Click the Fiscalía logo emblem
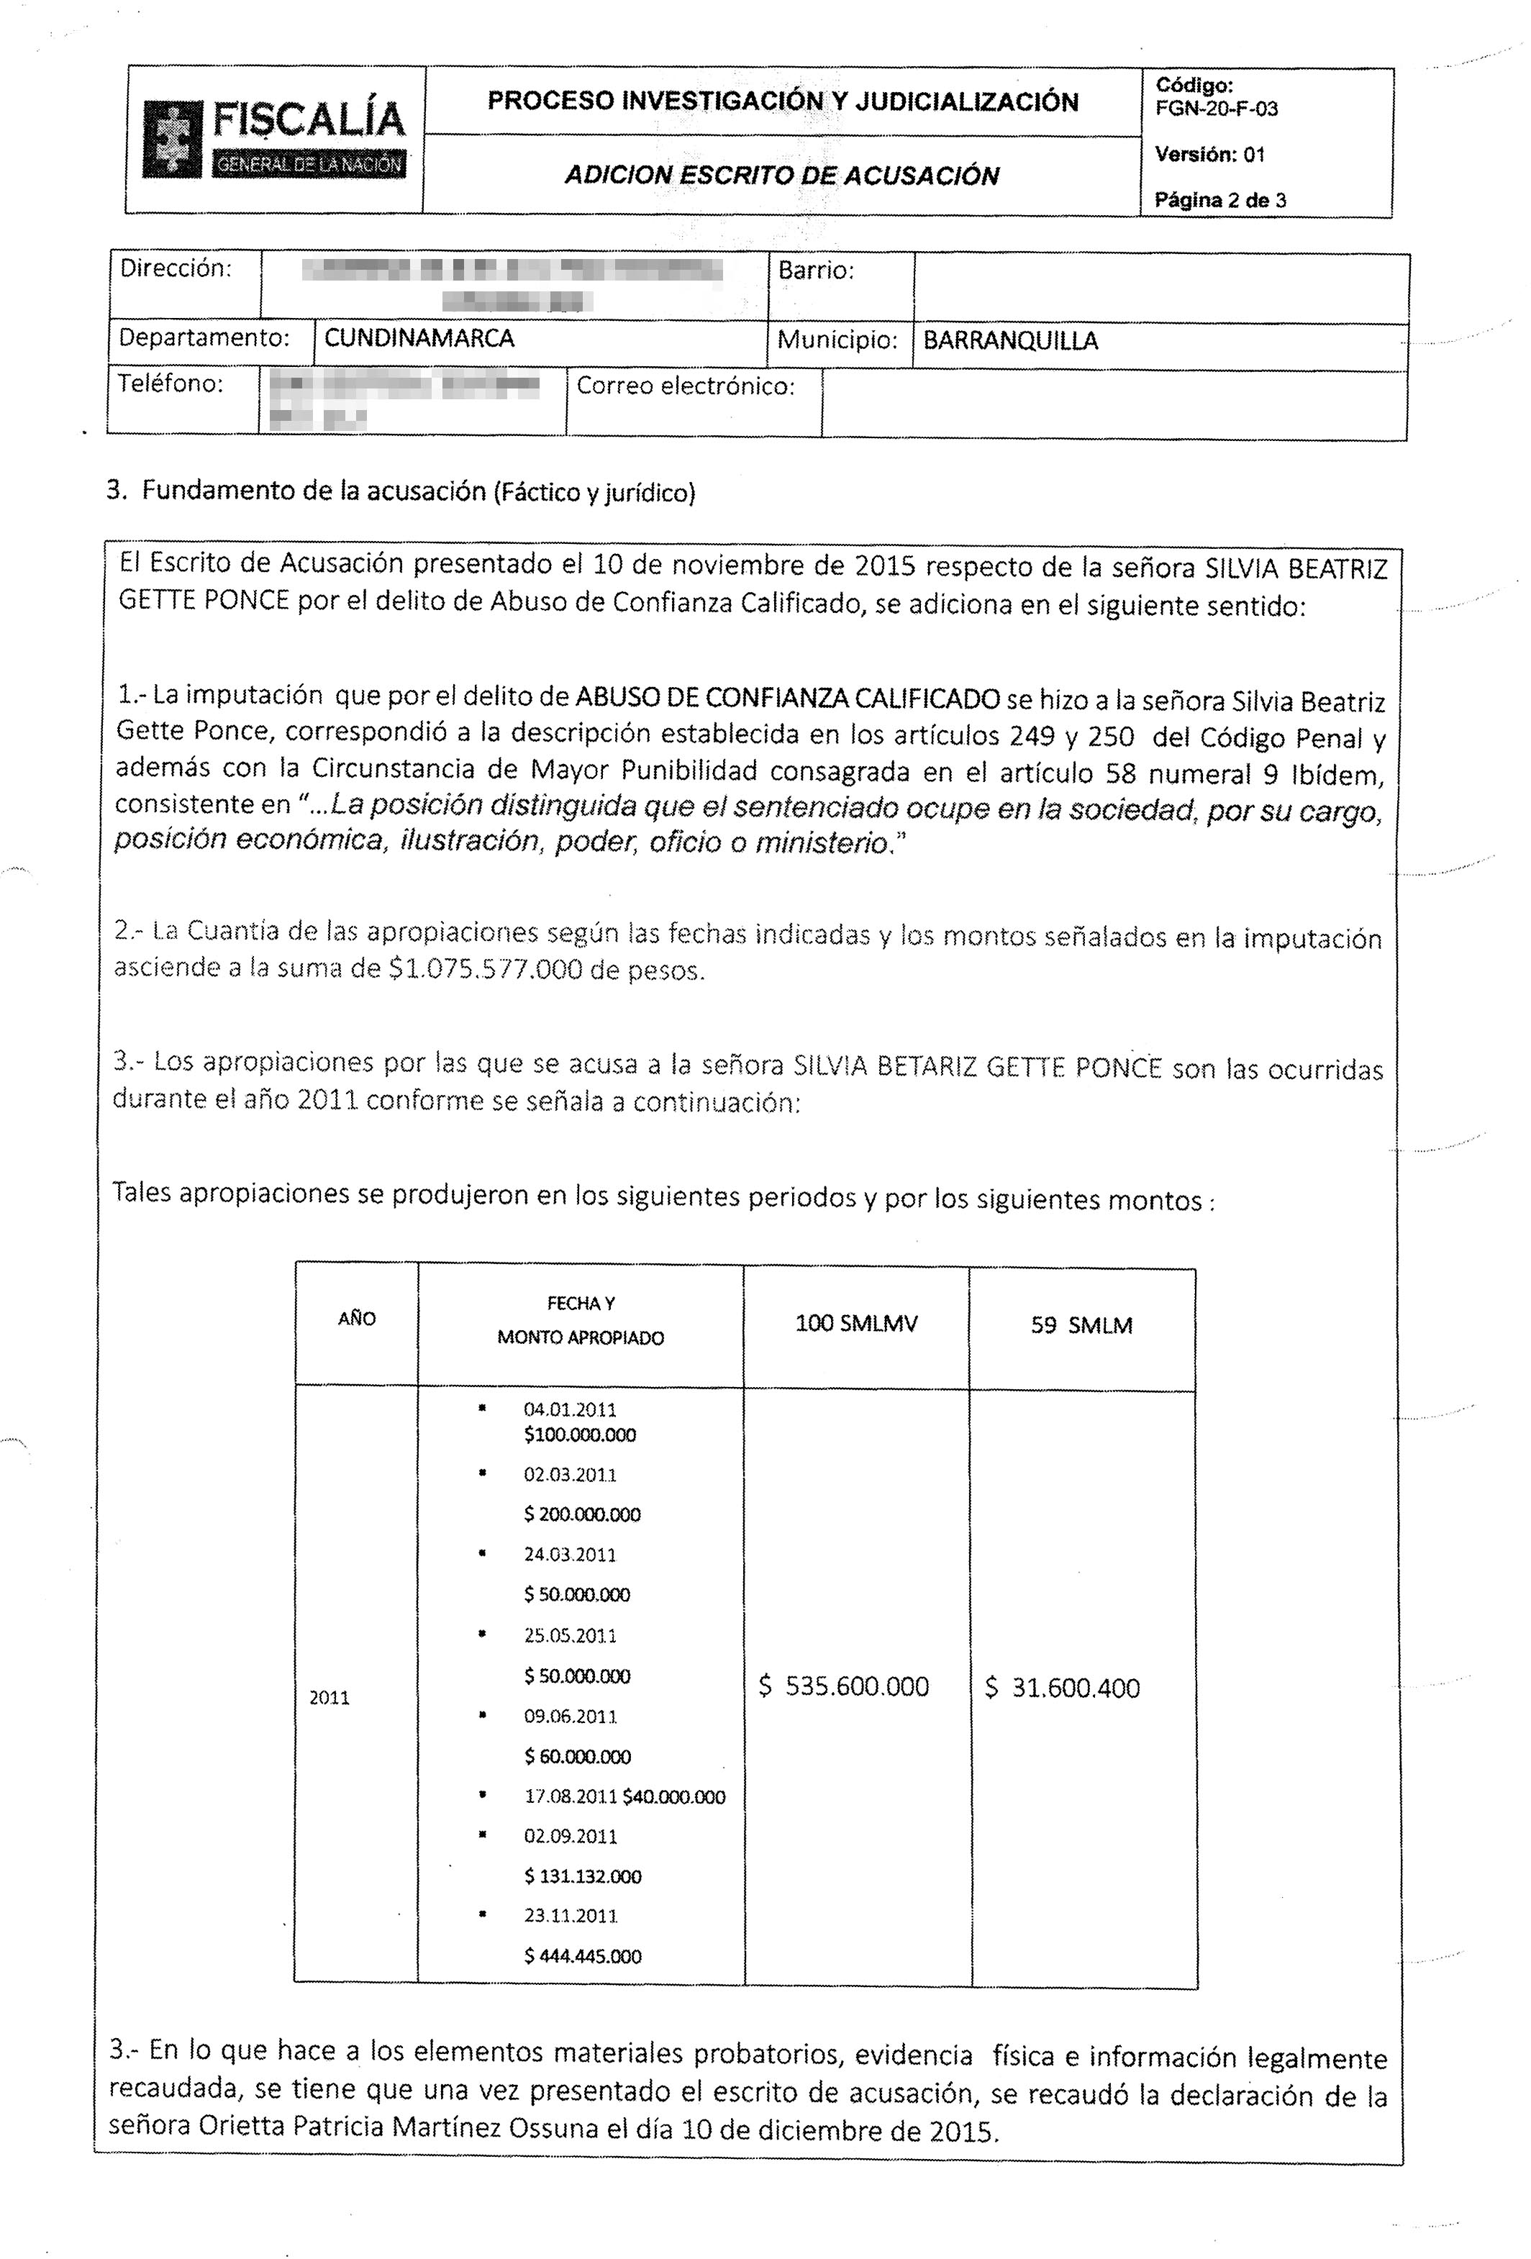pos(175,139)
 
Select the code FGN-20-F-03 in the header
pos(1216,109)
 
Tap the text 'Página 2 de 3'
pos(1220,200)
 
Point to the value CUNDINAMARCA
pos(419,338)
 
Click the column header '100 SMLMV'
pos(855,1324)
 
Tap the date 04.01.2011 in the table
pos(570,1409)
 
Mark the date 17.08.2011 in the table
pos(571,1796)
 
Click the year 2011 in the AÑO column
pos(329,1698)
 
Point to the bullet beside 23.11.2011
pos(482,1914)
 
